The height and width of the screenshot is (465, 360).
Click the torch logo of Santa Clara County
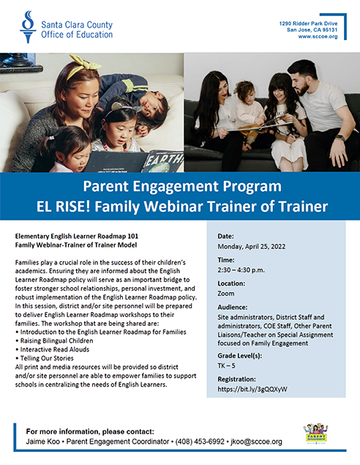pyautogui.click(x=28, y=27)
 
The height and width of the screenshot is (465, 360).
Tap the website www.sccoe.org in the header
pyautogui.click(x=318, y=37)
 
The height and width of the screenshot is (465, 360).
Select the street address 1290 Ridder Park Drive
pyautogui.click(x=308, y=23)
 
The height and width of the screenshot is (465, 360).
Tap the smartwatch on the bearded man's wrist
pyautogui.click(x=340, y=138)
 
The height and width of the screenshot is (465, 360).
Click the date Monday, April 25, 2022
pyautogui.click(x=252, y=247)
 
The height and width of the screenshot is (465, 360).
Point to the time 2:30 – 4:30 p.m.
pyautogui.click(x=241, y=270)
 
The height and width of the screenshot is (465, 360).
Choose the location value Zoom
pyautogui.click(x=226, y=294)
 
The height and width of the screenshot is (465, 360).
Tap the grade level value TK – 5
pyautogui.click(x=226, y=365)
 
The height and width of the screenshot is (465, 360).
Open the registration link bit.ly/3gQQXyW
pyautogui.click(x=252, y=389)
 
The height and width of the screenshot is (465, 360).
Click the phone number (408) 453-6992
pyautogui.click(x=200, y=442)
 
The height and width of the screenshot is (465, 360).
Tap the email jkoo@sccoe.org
pyautogui.click(x=256, y=442)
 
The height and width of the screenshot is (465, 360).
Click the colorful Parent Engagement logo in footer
pyautogui.click(x=316, y=433)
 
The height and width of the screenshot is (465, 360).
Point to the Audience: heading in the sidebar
pyautogui.click(x=232, y=308)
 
